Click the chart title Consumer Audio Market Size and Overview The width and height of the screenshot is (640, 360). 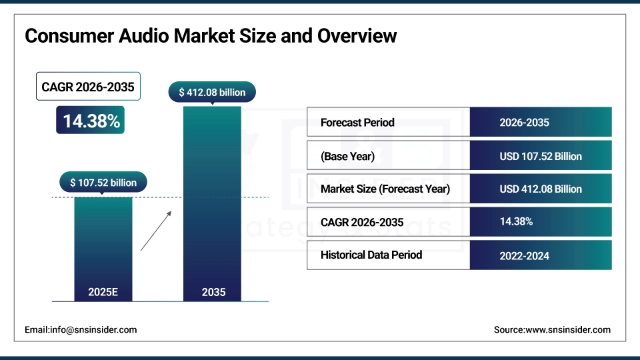coord(211,35)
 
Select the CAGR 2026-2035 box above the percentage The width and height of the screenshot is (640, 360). coord(88,87)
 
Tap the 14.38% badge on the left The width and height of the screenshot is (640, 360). coord(91,121)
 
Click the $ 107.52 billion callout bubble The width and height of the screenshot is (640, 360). coord(103,182)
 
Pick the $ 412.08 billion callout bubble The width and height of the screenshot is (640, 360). coord(212,92)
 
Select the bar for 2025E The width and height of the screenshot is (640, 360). coord(103,247)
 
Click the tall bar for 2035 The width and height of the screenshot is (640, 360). coord(212,200)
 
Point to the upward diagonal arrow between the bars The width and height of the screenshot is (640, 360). coord(156,231)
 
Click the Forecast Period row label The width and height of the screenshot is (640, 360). coord(357,123)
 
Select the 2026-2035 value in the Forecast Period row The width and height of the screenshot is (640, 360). coord(524,123)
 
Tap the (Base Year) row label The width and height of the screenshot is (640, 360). coord(347,156)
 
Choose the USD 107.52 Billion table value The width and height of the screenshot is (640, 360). coord(541,156)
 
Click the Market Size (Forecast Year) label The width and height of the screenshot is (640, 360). coord(385,189)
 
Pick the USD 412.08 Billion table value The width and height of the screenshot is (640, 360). coord(541,189)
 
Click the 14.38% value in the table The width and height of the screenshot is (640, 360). coord(516,221)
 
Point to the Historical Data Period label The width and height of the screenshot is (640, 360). coord(371,255)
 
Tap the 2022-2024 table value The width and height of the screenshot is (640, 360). coord(524,255)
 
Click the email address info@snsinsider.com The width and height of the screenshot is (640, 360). coord(81,329)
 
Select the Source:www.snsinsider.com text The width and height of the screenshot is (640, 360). coord(552,329)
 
